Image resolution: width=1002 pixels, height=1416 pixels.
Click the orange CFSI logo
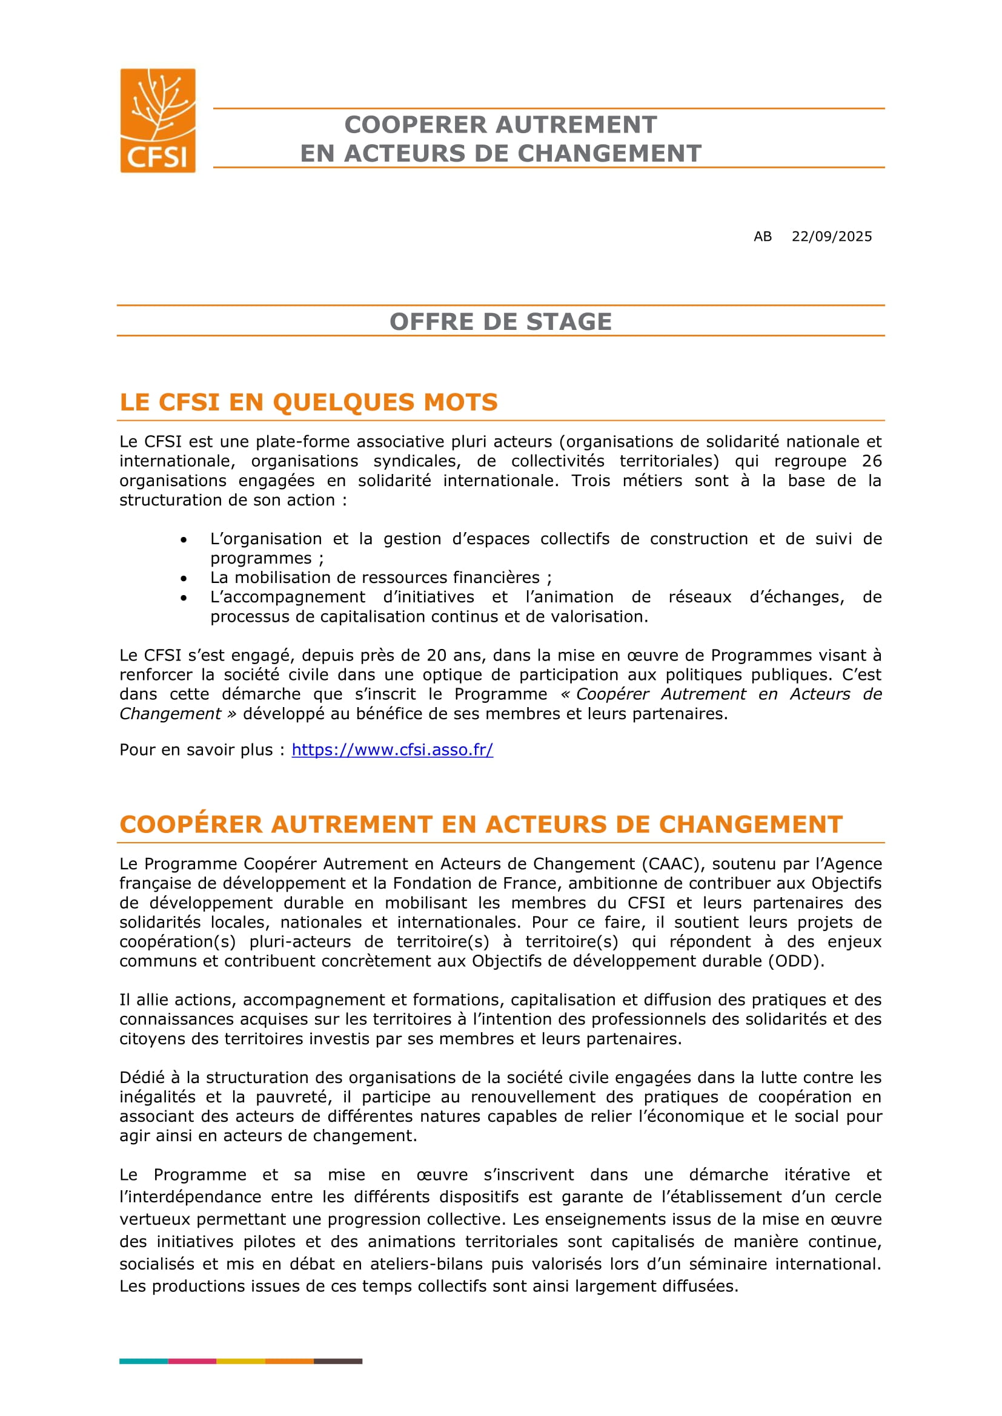click(158, 120)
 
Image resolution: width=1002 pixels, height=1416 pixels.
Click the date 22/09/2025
click(832, 237)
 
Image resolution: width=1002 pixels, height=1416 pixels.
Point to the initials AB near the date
click(763, 237)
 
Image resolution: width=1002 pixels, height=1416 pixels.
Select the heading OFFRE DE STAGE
click(500, 321)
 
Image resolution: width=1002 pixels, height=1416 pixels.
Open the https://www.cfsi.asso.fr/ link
click(393, 750)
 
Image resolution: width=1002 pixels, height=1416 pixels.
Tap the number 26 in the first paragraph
click(872, 461)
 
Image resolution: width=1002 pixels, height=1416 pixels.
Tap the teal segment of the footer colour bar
click(144, 1361)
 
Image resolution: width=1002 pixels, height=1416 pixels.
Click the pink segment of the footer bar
click(192, 1361)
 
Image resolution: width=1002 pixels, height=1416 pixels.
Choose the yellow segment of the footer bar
click(241, 1361)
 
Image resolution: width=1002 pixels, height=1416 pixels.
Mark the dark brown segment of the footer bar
click(338, 1361)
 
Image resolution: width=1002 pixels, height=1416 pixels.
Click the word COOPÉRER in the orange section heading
click(191, 825)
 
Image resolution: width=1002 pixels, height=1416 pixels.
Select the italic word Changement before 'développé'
click(170, 714)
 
